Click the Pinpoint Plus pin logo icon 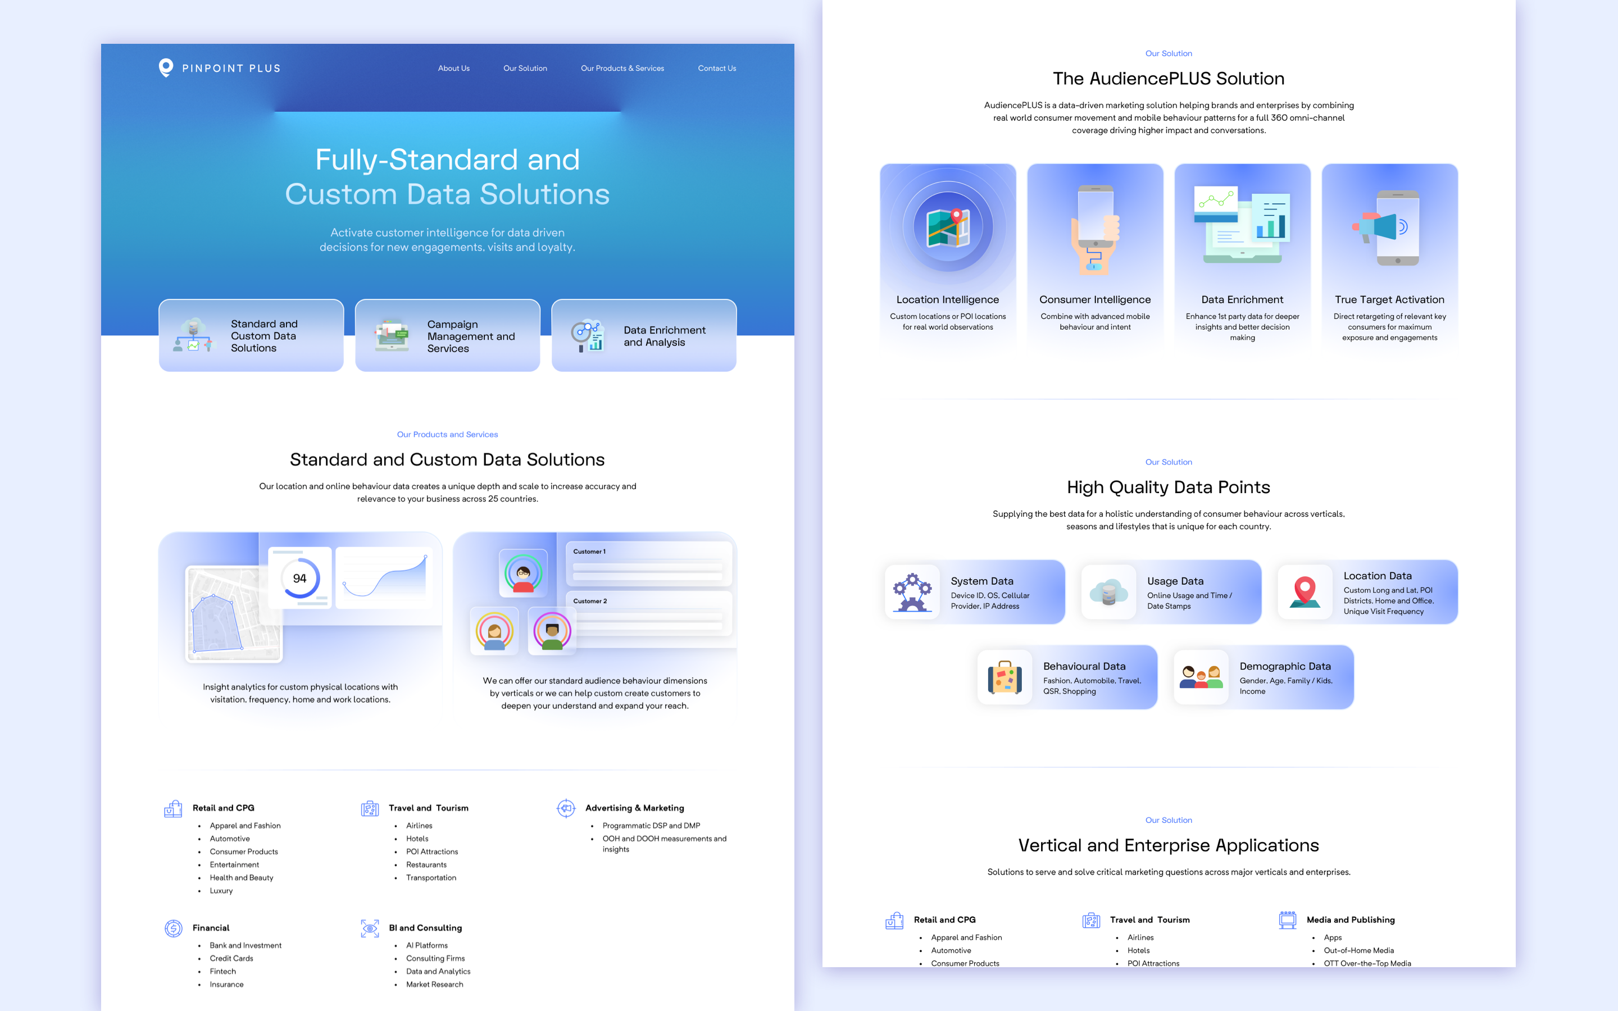coord(166,67)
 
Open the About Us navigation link coord(453,68)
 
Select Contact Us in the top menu coord(717,68)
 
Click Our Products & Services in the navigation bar coord(622,68)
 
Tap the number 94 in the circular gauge coord(299,579)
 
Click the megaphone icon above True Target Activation coord(1376,227)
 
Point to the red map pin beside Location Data coord(1305,591)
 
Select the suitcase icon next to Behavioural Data coord(1005,678)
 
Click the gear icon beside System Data coord(912,592)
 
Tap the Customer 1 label coord(589,552)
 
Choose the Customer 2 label coord(590,601)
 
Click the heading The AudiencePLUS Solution coord(1168,79)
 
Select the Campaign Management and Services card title coord(471,336)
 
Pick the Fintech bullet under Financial coord(222,972)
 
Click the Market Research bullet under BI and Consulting coord(435,984)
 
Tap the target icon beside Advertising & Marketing coord(566,808)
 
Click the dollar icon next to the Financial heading coord(173,928)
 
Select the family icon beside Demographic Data coord(1201,678)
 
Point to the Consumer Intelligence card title coord(1094,299)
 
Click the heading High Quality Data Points coord(1168,488)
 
